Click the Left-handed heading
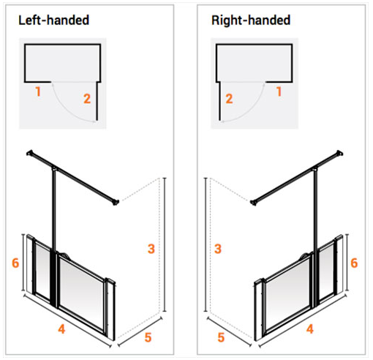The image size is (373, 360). point(53,19)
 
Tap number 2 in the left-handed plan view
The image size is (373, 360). point(87,98)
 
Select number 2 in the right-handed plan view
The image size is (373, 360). point(229,98)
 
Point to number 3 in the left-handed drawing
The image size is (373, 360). point(151,249)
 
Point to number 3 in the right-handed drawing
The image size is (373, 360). point(218,249)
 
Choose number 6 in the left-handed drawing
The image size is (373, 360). point(14,262)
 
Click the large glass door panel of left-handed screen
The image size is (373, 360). point(82,289)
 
